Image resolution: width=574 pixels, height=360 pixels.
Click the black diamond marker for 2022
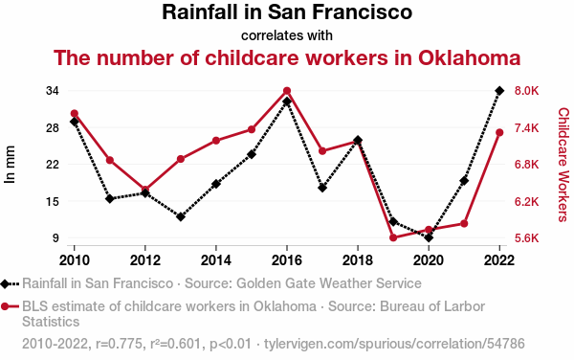[499, 90]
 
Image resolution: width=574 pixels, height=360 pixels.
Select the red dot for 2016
[287, 91]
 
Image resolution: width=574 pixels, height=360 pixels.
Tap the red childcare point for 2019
[393, 237]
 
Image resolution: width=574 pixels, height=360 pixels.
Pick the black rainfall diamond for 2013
[181, 216]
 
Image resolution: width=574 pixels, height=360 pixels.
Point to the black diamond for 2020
[429, 238]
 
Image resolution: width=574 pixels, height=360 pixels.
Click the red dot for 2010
[75, 114]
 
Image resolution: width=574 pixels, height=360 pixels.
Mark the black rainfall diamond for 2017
[322, 188]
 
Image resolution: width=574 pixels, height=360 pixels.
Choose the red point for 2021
[464, 223]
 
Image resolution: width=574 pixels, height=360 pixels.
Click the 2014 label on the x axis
[216, 260]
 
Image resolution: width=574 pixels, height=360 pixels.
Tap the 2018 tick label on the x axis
[358, 260]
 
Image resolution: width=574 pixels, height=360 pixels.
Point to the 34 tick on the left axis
[53, 90]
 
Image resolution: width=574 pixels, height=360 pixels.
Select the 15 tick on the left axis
[53, 201]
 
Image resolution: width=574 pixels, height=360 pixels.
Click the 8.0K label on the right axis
[527, 90]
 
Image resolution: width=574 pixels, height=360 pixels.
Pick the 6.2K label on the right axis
[527, 201]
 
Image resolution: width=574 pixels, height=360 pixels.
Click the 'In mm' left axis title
[10, 165]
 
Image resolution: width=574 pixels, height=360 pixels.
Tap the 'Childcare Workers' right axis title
[563, 165]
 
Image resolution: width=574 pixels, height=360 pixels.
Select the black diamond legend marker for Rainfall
[5, 283]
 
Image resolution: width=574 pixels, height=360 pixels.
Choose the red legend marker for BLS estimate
[5, 306]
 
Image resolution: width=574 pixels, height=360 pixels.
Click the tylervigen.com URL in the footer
[394, 344]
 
